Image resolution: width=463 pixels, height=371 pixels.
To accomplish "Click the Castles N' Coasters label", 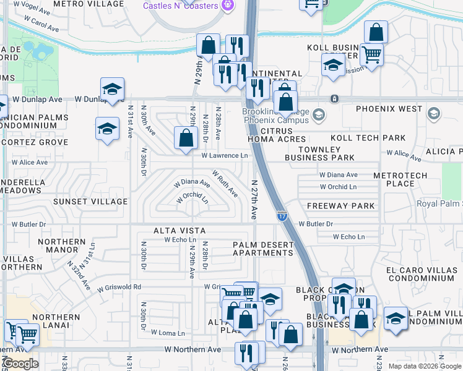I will coord(180,6).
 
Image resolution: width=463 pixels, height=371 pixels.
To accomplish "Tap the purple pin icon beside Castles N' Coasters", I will coord(229,6).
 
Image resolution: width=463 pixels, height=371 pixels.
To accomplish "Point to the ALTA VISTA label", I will coord(179,231).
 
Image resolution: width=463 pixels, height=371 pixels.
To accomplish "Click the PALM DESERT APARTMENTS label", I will coord(263,249).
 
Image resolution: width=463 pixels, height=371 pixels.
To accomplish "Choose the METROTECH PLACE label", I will coord(400,179).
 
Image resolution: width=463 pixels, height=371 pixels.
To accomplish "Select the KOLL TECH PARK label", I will coord(368,138).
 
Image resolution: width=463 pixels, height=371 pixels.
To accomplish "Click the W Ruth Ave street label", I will coord(225,183).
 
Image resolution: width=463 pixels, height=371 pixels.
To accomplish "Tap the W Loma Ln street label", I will coord(168,333).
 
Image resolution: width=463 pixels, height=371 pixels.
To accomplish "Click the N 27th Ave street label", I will coord(254,200).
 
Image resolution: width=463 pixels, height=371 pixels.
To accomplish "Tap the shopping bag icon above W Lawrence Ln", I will coord(186,139).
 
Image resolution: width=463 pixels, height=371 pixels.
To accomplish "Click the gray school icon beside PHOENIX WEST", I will coord(433,113).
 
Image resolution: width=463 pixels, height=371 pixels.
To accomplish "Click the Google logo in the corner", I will coord(20,364).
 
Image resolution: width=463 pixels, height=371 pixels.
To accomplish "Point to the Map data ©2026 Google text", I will coord(425,366).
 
